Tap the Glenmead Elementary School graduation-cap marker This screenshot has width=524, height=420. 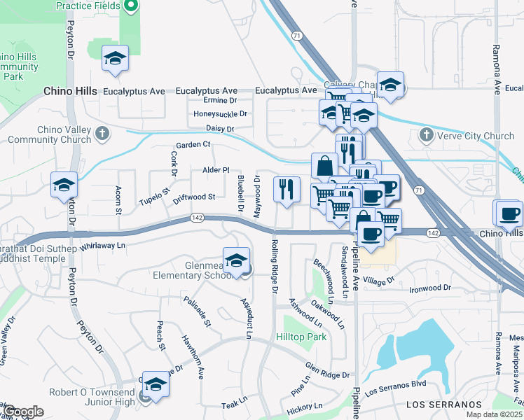(237, 260)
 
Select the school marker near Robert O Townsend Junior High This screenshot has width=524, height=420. (156, 384)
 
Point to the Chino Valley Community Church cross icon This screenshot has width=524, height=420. (102, 133)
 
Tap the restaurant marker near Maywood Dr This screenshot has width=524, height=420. (286, 189)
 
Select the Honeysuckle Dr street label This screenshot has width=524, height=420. (221, 113)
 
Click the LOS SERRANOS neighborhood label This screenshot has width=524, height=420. (444, 405)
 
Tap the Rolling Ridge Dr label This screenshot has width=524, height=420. (274, 267)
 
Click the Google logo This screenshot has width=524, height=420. (22, 412)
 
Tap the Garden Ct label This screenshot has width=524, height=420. (193, 145)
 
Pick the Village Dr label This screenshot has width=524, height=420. (380, 280)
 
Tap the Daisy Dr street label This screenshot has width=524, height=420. (219, 129)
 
